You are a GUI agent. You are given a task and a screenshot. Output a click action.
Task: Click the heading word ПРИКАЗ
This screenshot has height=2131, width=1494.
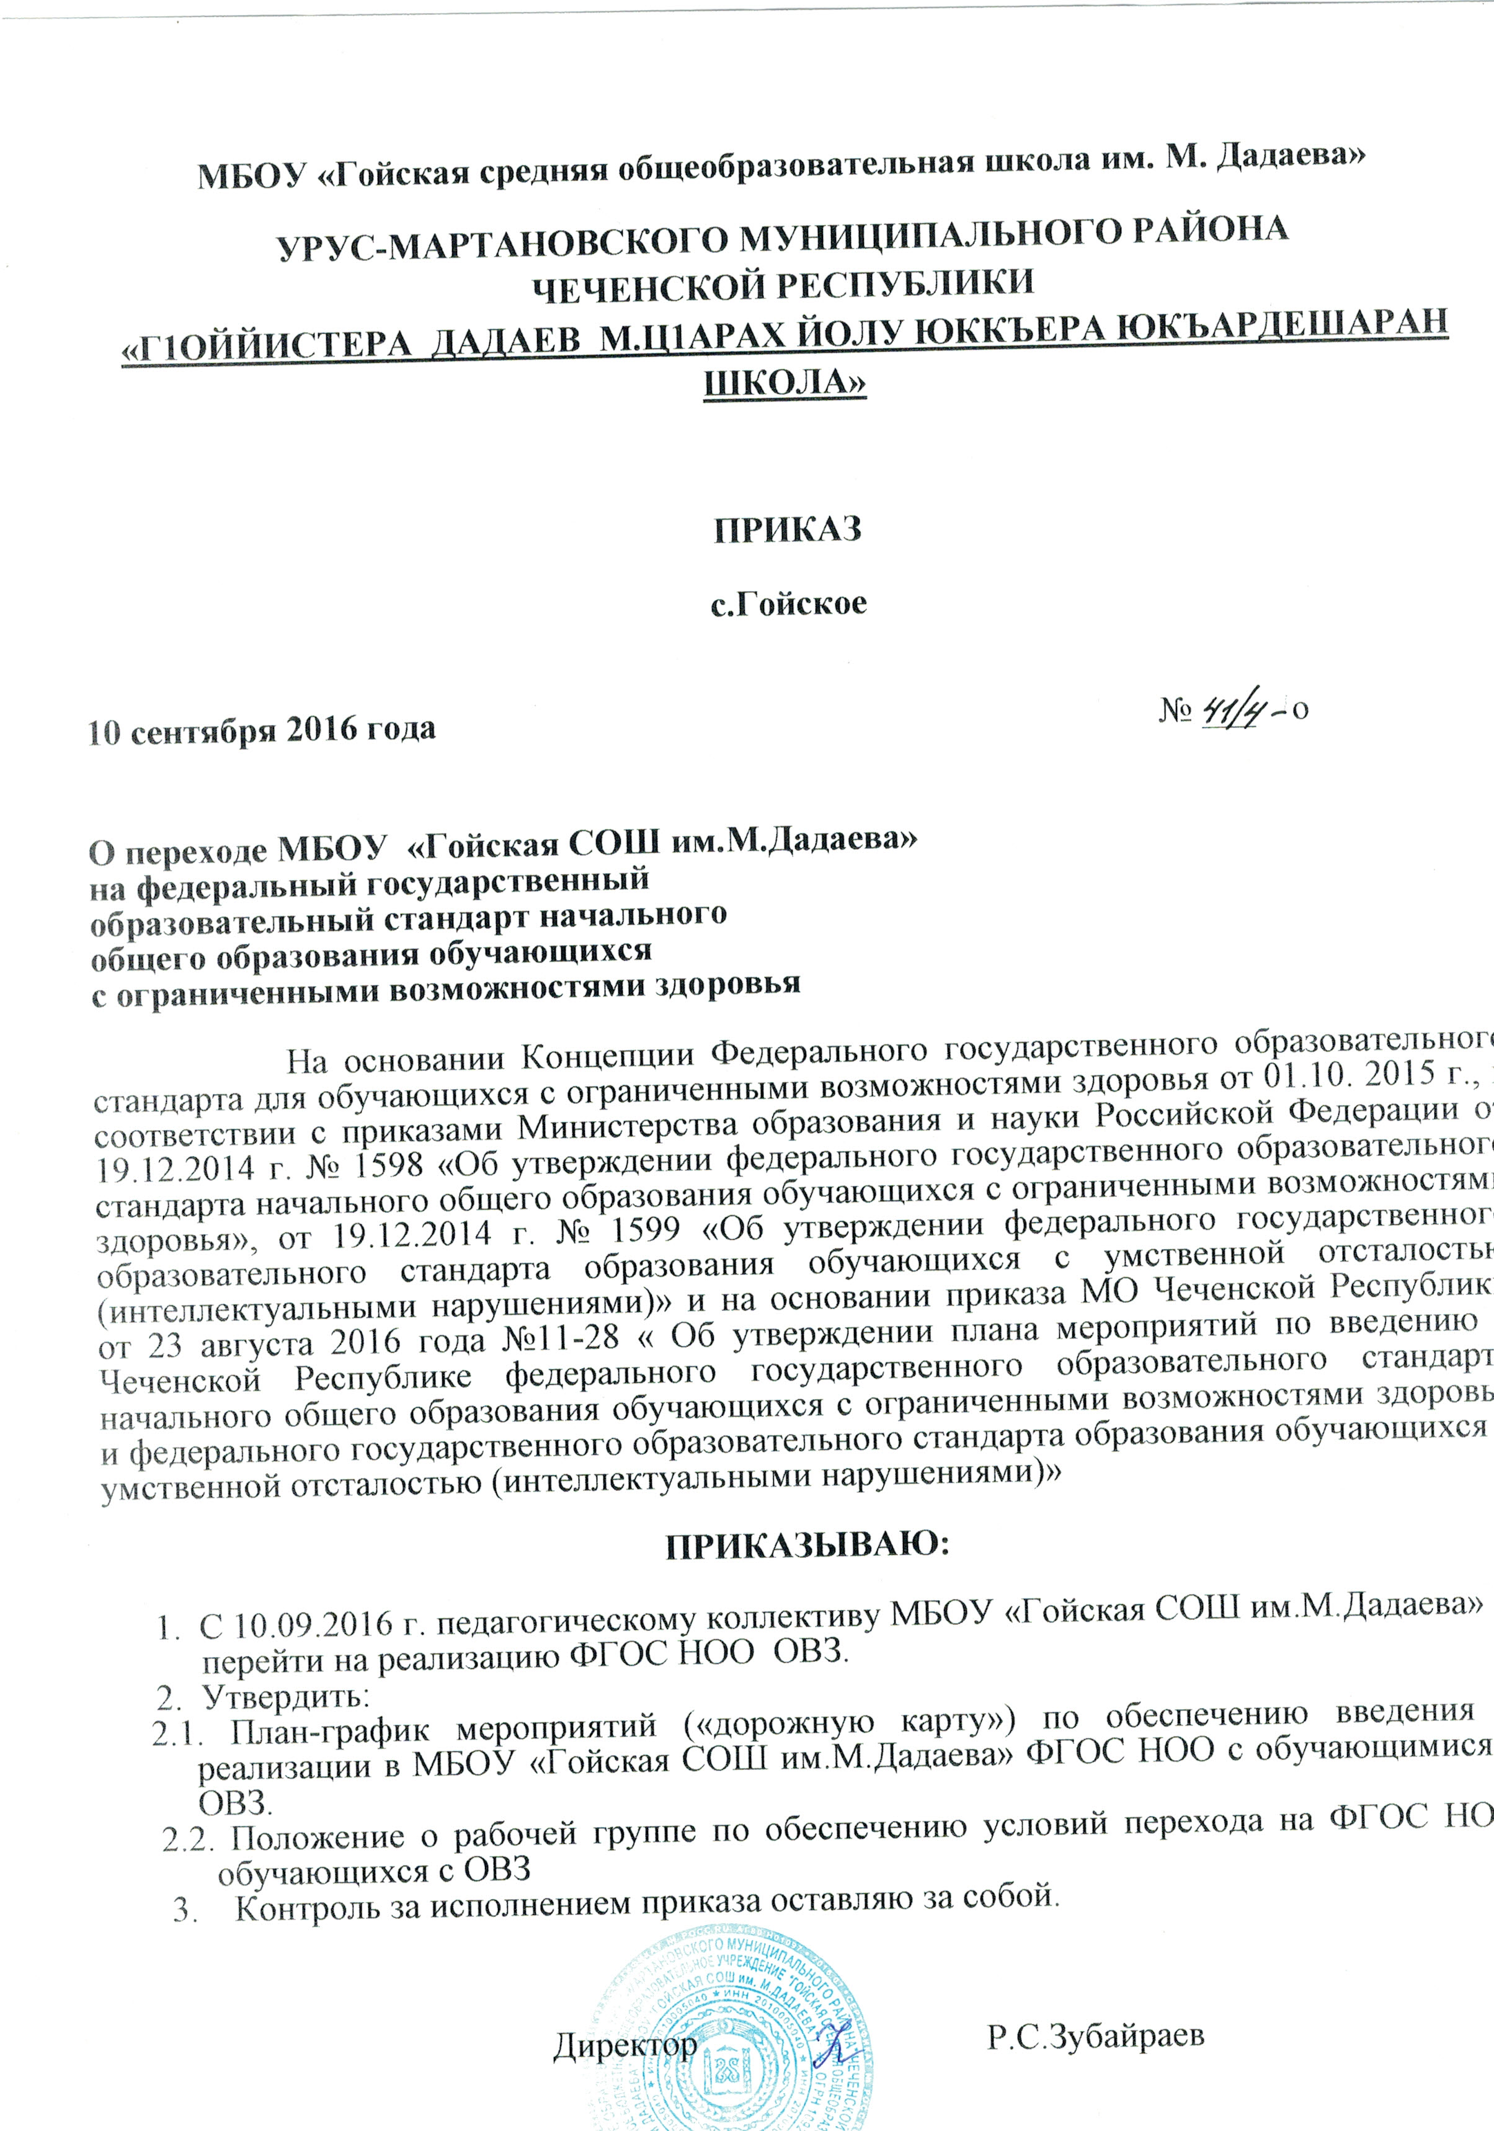[787, 528]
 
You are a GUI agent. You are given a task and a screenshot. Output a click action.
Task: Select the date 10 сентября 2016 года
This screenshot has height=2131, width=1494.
[262, 729]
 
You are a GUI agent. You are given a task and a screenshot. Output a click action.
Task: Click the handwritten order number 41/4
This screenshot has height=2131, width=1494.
[1229, 710]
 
